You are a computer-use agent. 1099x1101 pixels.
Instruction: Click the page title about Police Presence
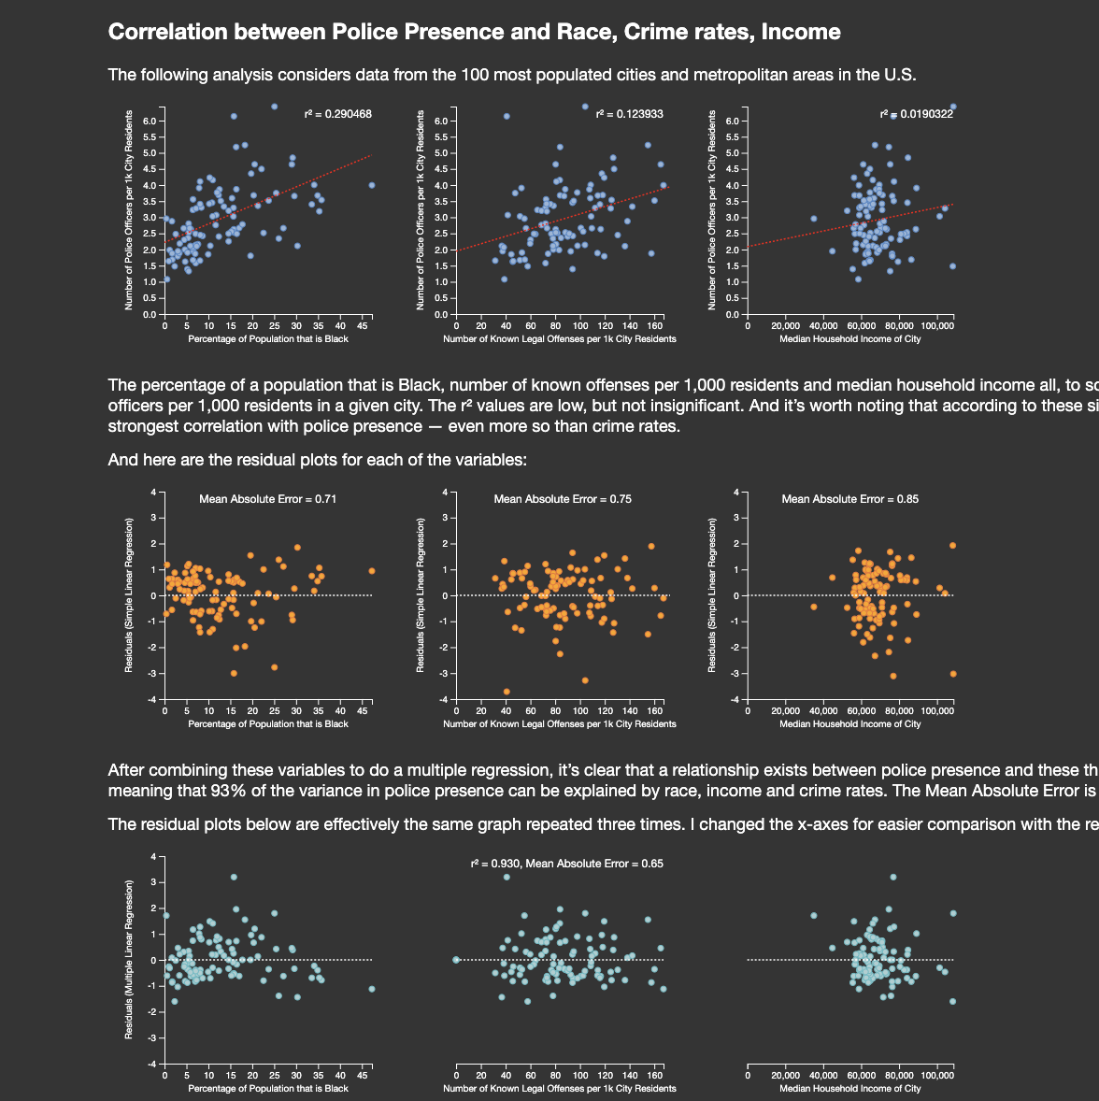point(474,32)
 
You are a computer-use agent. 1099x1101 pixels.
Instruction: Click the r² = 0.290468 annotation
point(338,114)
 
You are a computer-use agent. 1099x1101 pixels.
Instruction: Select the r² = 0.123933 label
point(630,114)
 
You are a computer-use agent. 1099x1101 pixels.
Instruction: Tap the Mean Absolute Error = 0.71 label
point(268,499)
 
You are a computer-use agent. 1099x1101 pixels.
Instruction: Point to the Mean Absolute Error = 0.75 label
point(563,499)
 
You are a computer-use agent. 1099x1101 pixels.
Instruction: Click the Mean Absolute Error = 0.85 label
point(850,499)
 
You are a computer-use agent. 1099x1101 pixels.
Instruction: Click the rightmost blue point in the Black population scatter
point(372,185)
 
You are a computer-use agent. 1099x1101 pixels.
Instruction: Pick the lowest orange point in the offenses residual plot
point(507,692)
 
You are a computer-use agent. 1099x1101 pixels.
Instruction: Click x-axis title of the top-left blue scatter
point(268,339)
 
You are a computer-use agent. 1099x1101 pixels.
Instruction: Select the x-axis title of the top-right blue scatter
point(850,339)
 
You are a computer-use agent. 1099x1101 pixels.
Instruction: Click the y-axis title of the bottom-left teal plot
point(130,959)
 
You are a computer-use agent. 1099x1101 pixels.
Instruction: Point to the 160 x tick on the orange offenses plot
point(655,711)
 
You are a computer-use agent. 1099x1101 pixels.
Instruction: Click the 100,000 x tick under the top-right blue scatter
point(937,326)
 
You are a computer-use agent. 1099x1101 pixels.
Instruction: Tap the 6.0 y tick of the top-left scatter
point(150,121)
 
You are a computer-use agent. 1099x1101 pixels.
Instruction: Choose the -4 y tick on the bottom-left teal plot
point(153,1064)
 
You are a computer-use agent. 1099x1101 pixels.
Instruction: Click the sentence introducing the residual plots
point(318,460)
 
